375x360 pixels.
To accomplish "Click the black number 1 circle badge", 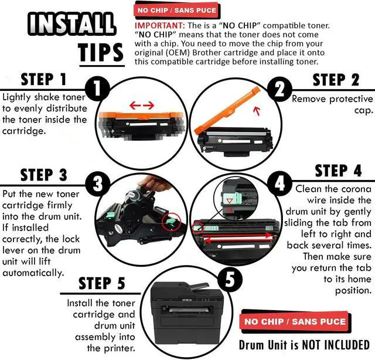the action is (97, 89).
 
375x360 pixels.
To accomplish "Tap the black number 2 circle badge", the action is (280, 89).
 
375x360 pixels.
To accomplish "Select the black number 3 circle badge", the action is (97, 184).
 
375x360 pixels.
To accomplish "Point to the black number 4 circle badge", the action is (280, 184).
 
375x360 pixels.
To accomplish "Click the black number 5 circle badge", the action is (230, 280).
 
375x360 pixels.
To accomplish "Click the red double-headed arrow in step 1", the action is (142, 105).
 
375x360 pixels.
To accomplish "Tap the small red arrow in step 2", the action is (257, 111).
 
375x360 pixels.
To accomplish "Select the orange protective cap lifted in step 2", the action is (227, 110).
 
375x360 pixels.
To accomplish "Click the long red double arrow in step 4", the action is (238, 237).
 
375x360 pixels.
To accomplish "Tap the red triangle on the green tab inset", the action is (229, 201).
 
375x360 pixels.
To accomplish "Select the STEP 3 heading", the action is (44, 175).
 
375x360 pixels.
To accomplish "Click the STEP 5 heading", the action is (102, 283).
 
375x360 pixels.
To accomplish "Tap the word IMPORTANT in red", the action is (159, 25).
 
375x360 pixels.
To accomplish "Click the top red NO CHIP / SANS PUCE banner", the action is (177, 11).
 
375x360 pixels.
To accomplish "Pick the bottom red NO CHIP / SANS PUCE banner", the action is (295, 321).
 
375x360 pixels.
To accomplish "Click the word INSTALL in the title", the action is (71, 25).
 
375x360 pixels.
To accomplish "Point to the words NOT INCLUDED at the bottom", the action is (336, 345).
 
